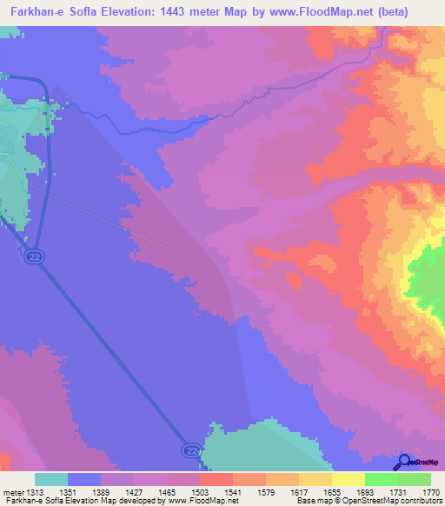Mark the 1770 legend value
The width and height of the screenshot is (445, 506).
coord(431,491)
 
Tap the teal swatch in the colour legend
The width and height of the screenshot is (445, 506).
coord(51,479)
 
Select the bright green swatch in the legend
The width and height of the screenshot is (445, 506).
coord(382,479)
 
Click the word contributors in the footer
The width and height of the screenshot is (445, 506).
coord(419,502)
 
